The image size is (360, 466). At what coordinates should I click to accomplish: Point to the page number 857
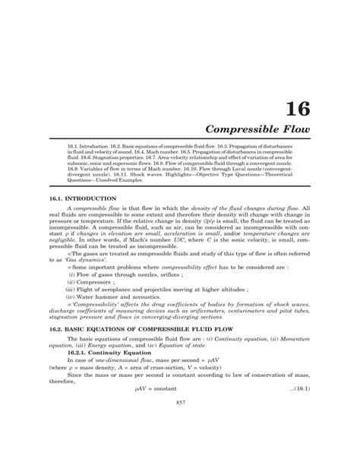tap(181, 443)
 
